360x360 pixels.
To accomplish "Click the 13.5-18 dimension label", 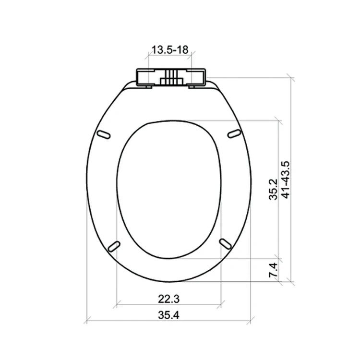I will coord(170,49).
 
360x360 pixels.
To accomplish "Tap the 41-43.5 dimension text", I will coord(286,180).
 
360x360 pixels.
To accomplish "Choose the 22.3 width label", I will coord(169,299).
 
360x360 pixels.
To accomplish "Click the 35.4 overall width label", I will coord(169,315).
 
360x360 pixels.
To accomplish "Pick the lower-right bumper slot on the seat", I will coord(225,243).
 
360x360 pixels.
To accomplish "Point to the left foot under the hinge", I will coord(146,87).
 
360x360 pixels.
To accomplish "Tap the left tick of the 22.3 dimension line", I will coord(117,304).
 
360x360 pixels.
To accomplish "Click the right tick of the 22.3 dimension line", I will coord(221,304).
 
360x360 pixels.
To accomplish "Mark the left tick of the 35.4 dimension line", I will coord(86,320).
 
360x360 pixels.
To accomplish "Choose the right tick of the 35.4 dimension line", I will coord(250,320).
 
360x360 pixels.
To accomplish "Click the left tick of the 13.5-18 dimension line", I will coord(149,55).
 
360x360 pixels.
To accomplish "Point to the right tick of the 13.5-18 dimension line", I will coord(192,55).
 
